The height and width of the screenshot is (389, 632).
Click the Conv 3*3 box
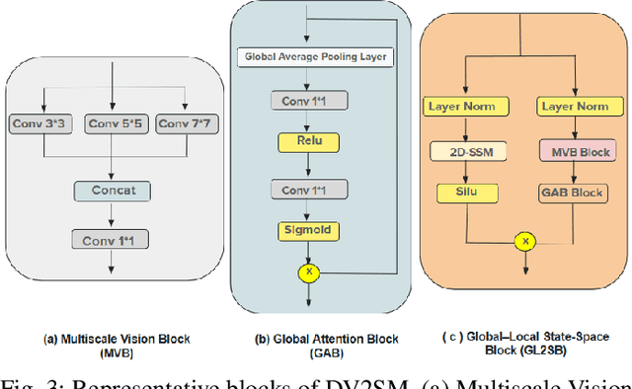coord(42,124)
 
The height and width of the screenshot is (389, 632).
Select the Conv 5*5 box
coord(114,124)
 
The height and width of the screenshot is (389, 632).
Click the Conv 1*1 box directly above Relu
coord(308,100)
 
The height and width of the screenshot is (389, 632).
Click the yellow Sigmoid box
coord(308,230)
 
